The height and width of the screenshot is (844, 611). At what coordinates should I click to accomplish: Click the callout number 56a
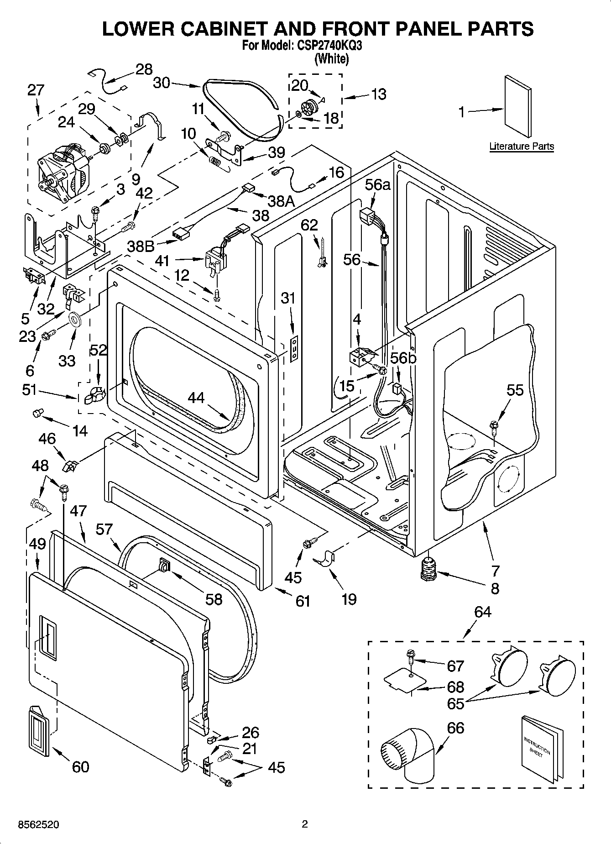pyautogui.click(x=378, y=185)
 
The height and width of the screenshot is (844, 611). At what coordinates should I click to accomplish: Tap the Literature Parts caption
pyautogui.click(x=522, y=147)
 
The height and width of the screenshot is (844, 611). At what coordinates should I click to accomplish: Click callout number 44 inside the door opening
pyautogui.click(x=196, y=398)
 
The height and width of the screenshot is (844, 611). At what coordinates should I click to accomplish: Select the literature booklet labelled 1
pyautogui.click(x=518, y=106)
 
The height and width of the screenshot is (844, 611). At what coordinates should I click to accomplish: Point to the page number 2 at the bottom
pyautogui.click(x=305, y=824)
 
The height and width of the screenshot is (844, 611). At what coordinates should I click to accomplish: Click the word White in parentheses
pyautogui.click(x=332, y=59)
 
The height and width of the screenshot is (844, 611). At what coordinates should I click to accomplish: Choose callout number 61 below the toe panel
pyautogui.click(x=303, y=601)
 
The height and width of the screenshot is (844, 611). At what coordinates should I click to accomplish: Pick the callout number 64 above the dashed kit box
pyautogui.click(x=482, y=612)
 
